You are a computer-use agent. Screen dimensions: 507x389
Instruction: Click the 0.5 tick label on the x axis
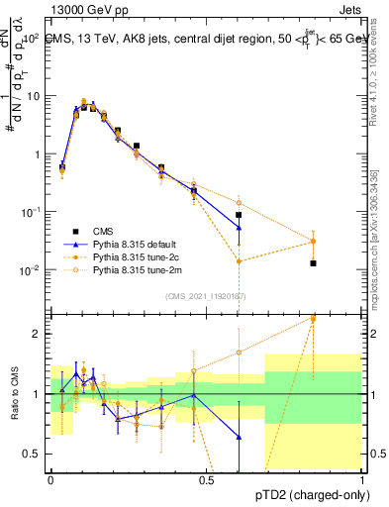coord(206,478)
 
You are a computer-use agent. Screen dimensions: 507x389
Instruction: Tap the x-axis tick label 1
coord(362,478)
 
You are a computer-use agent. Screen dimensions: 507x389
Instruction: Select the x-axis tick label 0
coord(50,478)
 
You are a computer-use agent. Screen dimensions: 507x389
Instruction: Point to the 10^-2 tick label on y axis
coord(32,270)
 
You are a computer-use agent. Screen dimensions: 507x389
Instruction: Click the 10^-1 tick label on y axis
coord(32,212)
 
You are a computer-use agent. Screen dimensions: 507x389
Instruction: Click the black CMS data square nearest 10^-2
coord(313,263)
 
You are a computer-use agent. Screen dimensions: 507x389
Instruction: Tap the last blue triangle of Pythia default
coord(239,228)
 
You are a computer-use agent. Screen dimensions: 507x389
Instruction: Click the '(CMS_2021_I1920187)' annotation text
coord(205,296)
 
